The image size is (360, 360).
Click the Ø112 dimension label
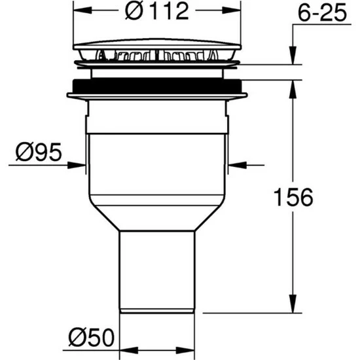[x=157, y=10]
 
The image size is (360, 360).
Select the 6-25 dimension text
[x=322, y=13]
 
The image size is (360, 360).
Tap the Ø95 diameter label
[x=39, y=152]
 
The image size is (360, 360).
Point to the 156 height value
[x=293, y=197]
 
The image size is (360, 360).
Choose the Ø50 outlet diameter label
[x=92, y=337]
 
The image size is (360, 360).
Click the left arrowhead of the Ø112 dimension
[x=82, y=10]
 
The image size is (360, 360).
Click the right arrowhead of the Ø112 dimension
[x=232, y=10]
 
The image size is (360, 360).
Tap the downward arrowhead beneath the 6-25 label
[x=293, y=56]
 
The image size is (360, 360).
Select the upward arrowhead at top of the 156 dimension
[x=293, y=90]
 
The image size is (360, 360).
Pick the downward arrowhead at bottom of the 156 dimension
[x=293, y=304]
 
